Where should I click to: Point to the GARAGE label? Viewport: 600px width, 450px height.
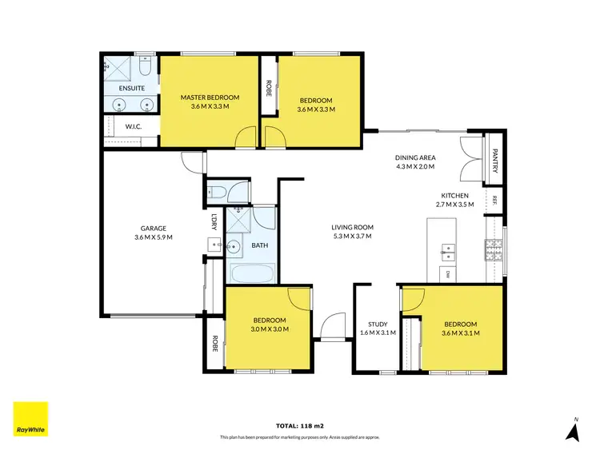click(154, 228)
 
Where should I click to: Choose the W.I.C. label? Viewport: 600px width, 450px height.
click(133, 126)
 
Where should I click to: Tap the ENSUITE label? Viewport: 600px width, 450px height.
click(131, 87)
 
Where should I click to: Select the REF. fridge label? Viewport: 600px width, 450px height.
click(495, 199)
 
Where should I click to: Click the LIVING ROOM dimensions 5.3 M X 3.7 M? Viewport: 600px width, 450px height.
click(353, 237)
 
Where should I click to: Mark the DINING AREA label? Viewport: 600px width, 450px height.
click(414, 157)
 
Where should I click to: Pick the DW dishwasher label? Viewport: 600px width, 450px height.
click(448, 274)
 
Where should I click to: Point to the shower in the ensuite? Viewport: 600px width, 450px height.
click(118, 68)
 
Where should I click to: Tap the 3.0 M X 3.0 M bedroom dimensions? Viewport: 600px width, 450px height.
click(270, 329)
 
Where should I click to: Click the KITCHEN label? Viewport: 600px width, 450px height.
click(454, 195)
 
